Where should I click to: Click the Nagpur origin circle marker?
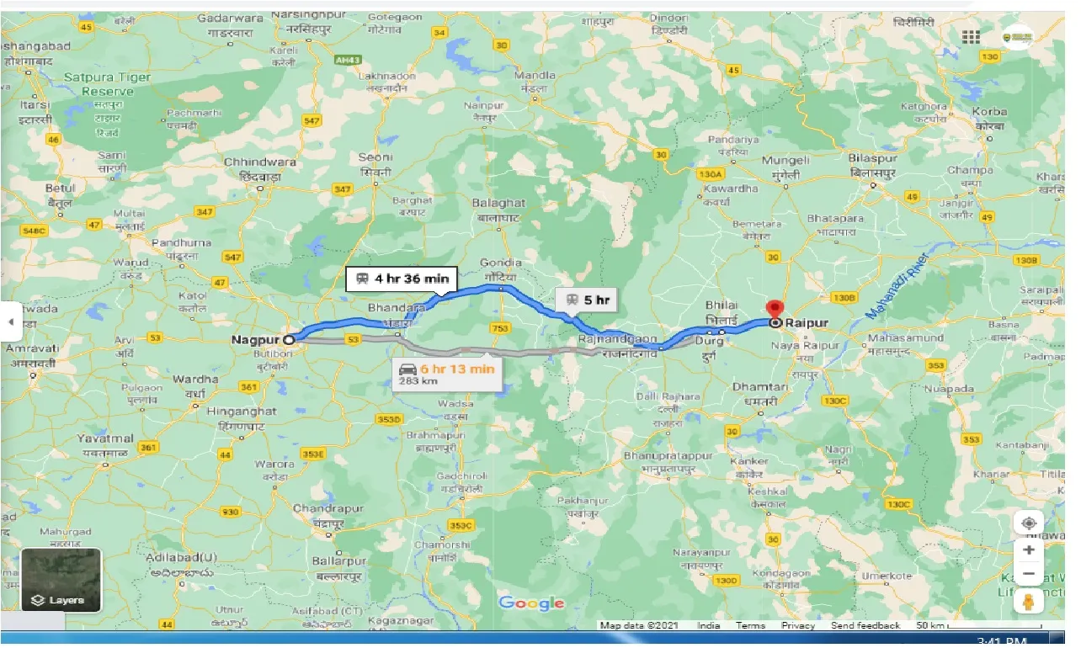tap(289, 340)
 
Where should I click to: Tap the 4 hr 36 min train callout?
tap(402, 279)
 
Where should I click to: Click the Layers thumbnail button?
tap(61, 580)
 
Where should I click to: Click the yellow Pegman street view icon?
tap(1028, 601)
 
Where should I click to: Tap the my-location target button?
tap(1028, 523)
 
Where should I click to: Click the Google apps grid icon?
tap(971, 36)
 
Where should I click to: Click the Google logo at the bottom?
tap(531, 603)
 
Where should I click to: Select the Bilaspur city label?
tap(871, 158)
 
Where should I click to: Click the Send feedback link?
tap(865, 625)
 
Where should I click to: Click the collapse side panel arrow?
tap(10, 321)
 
